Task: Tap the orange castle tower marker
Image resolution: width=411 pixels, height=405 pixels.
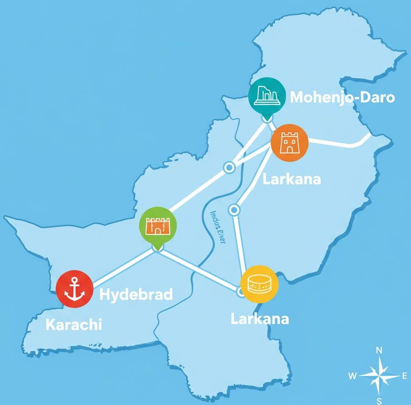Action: [289, 143]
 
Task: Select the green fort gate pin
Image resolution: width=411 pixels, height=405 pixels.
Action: [158, 225]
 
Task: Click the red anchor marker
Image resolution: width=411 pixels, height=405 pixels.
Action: [75, 289]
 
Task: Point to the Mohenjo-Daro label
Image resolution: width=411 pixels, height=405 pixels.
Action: [342, 97]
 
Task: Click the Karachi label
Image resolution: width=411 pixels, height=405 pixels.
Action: [74, 324]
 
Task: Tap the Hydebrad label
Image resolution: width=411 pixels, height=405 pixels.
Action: [136, 295]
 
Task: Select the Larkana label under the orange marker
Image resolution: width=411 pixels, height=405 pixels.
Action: [292, 179]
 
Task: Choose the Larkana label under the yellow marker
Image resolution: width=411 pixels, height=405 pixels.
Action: [260, 319]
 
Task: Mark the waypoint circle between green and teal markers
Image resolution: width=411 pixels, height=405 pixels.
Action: [229, 168]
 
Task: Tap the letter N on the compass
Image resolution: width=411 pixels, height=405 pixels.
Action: [379, 350]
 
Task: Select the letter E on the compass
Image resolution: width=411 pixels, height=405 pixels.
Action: [404, 376]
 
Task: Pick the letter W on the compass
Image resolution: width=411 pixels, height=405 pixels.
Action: [353, 376]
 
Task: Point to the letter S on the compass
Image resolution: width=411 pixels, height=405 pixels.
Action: [379, 400]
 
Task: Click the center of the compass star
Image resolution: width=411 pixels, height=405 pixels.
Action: [379, 375]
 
